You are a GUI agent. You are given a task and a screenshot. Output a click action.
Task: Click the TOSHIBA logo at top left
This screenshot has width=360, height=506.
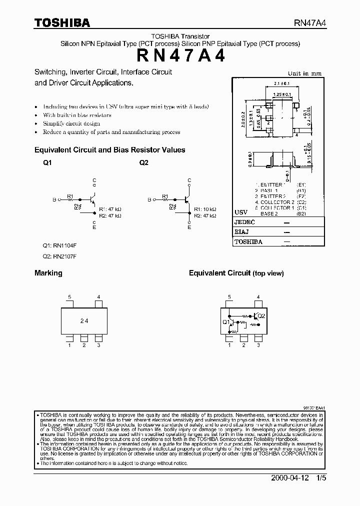(x=61, y=22)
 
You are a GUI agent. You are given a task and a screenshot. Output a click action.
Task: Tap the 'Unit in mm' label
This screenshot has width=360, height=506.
(x=305, y=73)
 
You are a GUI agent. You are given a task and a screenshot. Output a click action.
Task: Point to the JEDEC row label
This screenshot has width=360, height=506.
(x=245, y=222)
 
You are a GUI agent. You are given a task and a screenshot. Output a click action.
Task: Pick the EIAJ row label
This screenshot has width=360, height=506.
(x=242, y=232)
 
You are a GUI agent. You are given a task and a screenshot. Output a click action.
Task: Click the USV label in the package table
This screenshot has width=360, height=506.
(x=241, y=212)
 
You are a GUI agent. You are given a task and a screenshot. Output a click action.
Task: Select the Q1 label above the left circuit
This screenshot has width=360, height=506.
(x=47, y=162)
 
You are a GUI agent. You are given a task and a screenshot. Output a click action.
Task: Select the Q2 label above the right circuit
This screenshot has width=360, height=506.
(x=143, y=162)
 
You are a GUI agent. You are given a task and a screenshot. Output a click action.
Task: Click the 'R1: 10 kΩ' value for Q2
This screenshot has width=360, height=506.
(x=205, y=209)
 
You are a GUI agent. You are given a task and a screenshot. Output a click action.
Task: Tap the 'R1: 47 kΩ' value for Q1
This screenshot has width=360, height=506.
(x=110, y=209)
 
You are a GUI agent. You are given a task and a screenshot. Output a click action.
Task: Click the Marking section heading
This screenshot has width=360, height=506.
(x=48, y=273)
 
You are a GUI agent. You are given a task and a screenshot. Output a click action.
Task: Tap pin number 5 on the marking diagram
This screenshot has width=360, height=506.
(x=69, y=297)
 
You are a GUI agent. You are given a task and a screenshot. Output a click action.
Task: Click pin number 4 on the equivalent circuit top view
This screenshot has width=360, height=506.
(x=258, y=297)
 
